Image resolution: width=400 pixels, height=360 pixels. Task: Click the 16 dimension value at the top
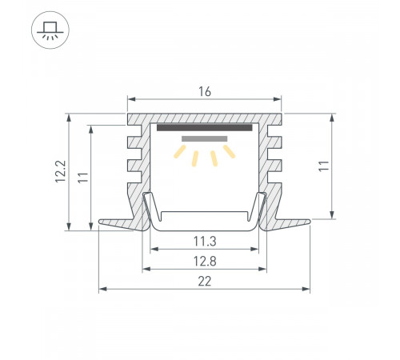(205, 92)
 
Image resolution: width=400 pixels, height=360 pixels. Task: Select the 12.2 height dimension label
(61, 171)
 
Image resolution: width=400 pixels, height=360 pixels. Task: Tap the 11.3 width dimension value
(205, 242)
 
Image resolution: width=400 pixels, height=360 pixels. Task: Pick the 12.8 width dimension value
(205, 262)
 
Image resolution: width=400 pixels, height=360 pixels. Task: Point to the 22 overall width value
(205, 282)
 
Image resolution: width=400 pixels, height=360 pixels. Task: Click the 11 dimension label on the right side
(324, 166)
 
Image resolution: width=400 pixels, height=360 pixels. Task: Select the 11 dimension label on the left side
(83, 178)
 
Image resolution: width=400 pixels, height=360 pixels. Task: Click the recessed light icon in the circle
(50, 30)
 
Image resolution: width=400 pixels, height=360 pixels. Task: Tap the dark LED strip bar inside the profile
(205, 127)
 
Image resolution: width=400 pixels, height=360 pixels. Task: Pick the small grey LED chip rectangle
(205, 138)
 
